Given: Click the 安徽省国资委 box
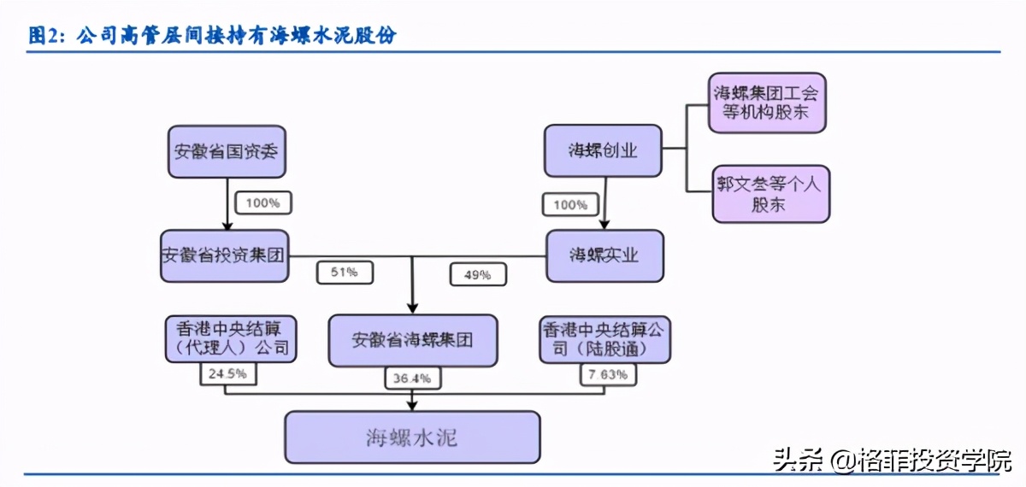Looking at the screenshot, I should point(227,152).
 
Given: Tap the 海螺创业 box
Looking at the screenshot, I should point(604,151).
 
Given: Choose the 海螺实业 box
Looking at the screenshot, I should point(604,255).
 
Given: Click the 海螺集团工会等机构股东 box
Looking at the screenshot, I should point(767,103).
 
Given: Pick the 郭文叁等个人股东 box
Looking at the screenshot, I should point(771,194).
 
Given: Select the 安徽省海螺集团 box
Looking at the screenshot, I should point(413,339).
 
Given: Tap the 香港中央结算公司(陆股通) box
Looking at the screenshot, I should point(605,338).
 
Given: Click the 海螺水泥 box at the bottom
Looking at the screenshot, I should point(413,437).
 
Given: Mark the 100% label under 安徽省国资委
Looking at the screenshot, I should point(262,203).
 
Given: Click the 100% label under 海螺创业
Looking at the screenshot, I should point(570,205).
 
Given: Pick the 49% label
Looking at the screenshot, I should point(478,274).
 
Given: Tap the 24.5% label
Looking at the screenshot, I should point(227,374).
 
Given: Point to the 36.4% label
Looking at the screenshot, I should point(413,377).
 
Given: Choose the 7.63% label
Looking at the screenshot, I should point(607,374).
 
